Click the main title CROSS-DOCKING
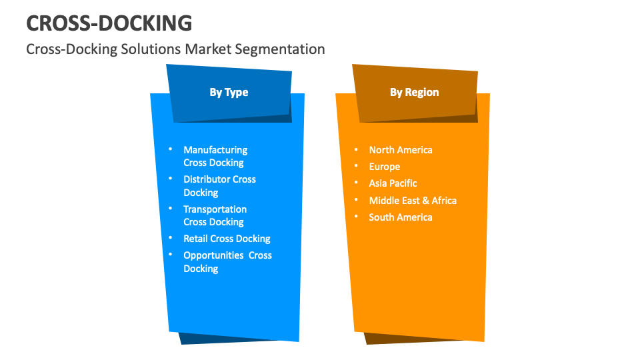[x=109, y=23]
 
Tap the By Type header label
[x=229, y=92]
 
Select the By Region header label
[x=414, y=92]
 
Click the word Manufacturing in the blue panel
[x=215, y=150]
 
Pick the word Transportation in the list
[x=215, y=209]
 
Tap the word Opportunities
[x=215, y=255]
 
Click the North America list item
[x=401, y=150]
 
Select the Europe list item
[x=385, y=167]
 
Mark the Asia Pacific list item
[x=393, y=183]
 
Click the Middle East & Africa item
[x=413, y=200]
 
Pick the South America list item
[x=401, y=217]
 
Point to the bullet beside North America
[x=356, y=150]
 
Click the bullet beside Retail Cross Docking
[x=171, y=239]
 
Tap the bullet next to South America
[x=356, y=217]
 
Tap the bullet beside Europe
[x=356, y=167]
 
